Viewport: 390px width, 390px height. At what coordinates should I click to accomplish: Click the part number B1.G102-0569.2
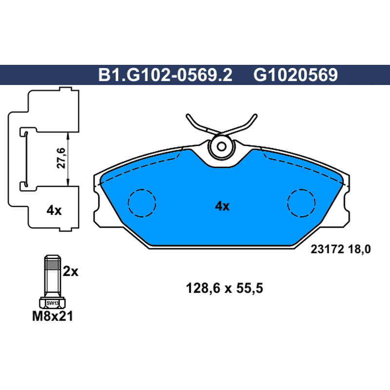click(x=165, y=75)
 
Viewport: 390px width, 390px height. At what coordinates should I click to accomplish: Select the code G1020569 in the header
click(x=295, y=75)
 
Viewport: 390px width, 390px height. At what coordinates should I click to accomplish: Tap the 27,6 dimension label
click(x=61, y=158)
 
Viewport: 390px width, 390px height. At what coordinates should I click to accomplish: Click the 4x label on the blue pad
click(x=222, y=206)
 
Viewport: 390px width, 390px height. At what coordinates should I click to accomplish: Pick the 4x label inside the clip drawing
click(x=54, y=211)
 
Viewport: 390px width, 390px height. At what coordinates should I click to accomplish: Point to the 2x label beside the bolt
click(x=70, y=271)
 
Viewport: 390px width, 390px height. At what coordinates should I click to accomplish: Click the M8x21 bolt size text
click(x=53, y=316)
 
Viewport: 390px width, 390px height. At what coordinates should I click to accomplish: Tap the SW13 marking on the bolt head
click(x=53, y=303)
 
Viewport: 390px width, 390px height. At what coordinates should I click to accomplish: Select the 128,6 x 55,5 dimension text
click(x=224, y=289)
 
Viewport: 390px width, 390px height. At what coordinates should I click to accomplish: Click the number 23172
click(x=327, y=249)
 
